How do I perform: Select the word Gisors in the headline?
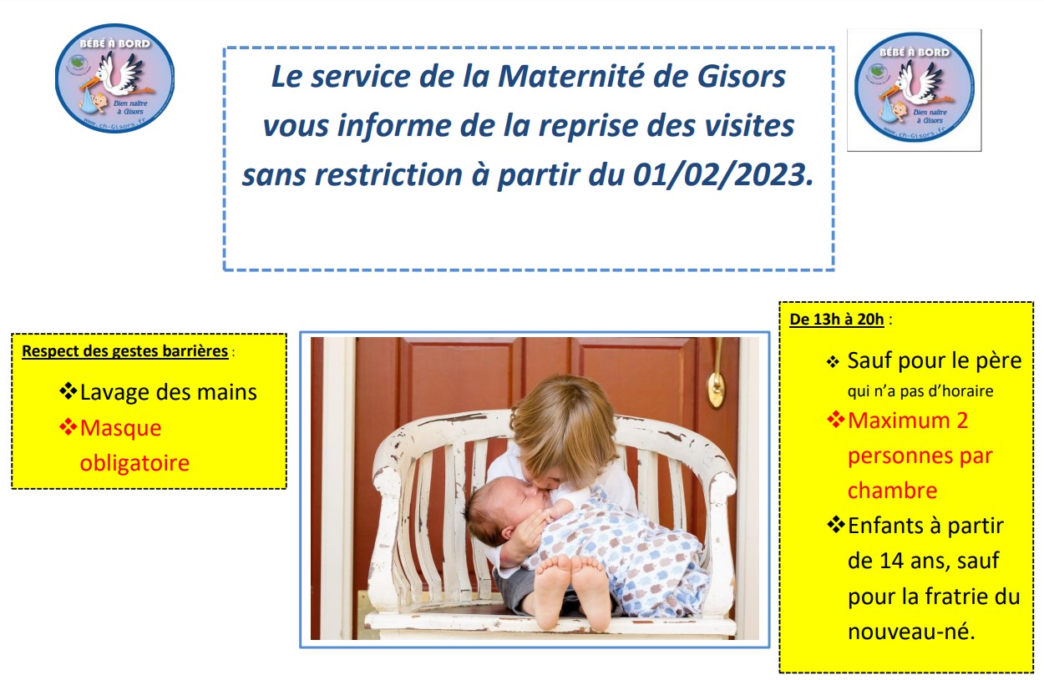(x=742, y=76)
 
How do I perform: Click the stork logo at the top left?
(x=114, y=78)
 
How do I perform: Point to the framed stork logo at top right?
(x=914, y=90)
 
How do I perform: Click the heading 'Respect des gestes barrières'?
(x=125, y=351)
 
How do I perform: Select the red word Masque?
(x=121, y=428)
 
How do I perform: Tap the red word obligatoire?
(x=134, y=463)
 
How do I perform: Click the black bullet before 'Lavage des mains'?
(x=68, y=391)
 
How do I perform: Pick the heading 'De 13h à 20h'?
(x=837, y=320)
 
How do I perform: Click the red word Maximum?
(x=899, y=421)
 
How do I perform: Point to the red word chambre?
(x=892, y=491)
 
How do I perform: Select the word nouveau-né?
(x=911, y=632)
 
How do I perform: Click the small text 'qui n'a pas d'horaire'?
(x=920, y=391)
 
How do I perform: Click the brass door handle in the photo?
(x=717, y=380)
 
